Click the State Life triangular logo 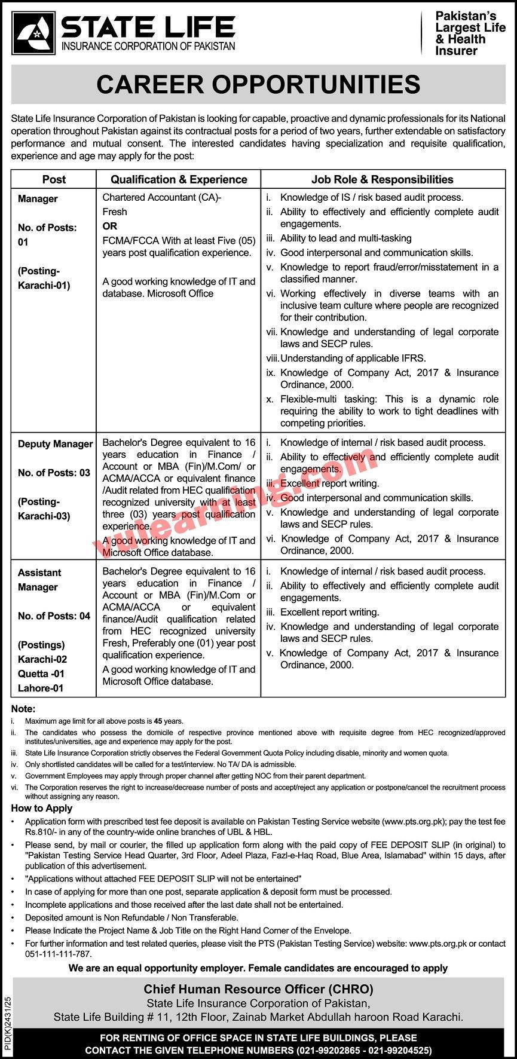click(x=32, y=33)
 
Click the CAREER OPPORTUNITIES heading click(x=258, y=84)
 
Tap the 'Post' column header click(x=54, y=179)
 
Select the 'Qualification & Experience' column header click(x=179, y=179)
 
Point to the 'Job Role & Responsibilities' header click(x=383, y=179)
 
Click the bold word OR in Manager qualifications click(x=110, y=226)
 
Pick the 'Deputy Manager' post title click(x=55, y=444)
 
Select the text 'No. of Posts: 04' click(x=54, y=616)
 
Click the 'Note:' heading click(x=23, y=709)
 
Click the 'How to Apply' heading click(x=42, y=808)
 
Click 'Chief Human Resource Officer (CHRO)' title click(x=258, y=988)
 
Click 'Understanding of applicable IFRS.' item click(x=353, y=359)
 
